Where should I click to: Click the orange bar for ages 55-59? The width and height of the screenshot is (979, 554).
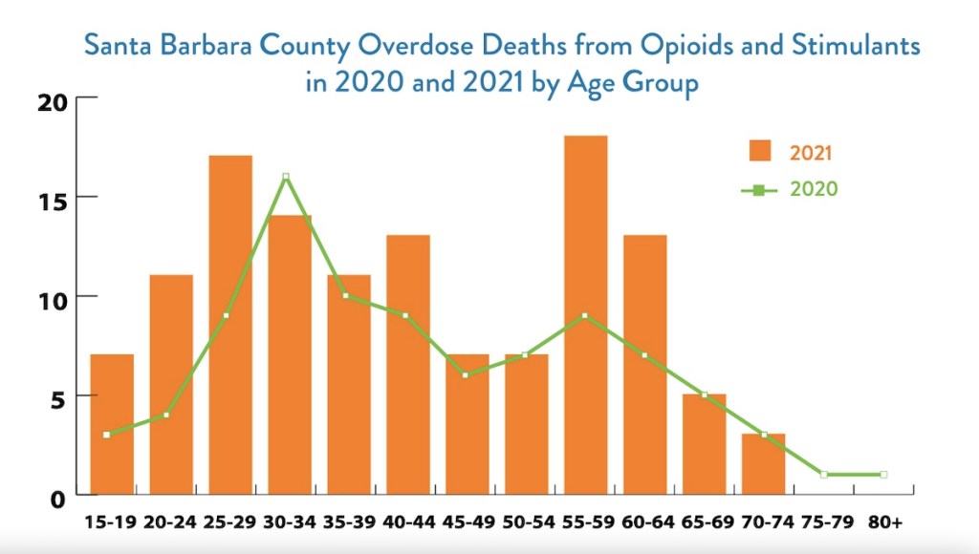pyautogui.click(x=585, y=315)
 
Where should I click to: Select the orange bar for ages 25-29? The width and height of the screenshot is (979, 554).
pyautogui.click(x=230, y=325)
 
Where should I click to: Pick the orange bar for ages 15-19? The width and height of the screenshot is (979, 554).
pyautogui.click(x=112, y=424)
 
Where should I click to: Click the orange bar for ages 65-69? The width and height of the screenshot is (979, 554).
pyautogui.click(x=704, y=444)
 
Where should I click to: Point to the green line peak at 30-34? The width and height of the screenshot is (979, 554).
pyautogui.click(x=286, y=177)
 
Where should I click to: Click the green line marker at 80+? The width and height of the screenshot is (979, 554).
pyautogui.click(x=883, y=475)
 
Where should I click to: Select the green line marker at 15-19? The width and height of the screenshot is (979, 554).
pyautogui.click(x=107, y=435)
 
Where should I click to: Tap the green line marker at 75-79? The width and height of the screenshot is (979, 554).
pyautogui.click(x=823, y=475)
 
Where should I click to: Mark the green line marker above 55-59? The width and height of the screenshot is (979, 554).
pyautogui.click(x=584, y=316)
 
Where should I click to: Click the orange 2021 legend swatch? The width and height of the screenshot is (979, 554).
pyautogui.click(x=760, y=151)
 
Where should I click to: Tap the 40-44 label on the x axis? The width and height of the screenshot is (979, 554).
pyautogui.click(x=407, y=522)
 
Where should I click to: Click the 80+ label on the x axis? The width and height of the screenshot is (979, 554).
pyautogui.click(x=885, y=522)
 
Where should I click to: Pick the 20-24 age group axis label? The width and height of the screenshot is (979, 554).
pyautogui.click(x=170, y=522)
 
